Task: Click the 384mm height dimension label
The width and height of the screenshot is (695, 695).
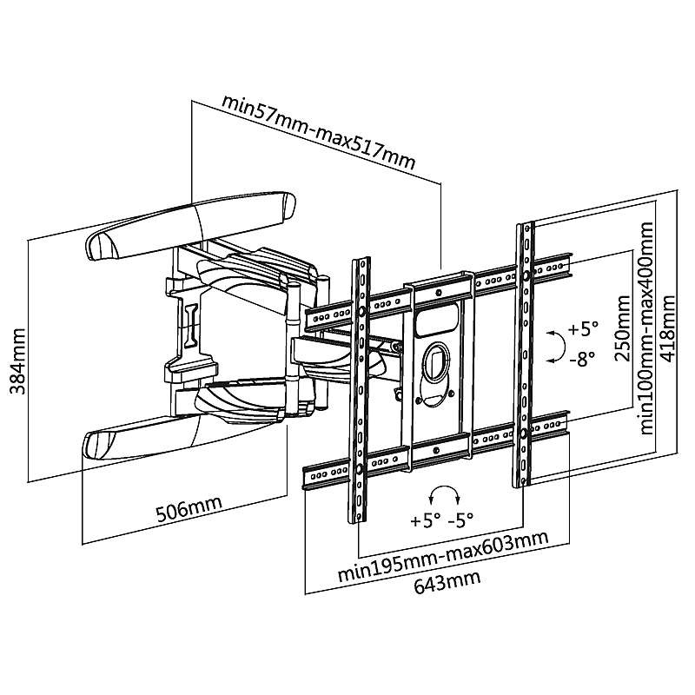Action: [x=18, y=361]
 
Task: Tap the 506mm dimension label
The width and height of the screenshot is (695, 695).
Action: [x=189, y=509]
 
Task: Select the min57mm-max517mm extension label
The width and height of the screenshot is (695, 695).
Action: [x=318, y=131]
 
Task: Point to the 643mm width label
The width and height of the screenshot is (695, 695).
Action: [x=447, y=581]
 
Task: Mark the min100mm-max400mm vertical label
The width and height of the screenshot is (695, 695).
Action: [x=645, y=328]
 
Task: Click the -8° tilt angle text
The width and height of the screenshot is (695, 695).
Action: [x=582, y=359]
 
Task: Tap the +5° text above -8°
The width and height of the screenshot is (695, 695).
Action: [x=583, y=329]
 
